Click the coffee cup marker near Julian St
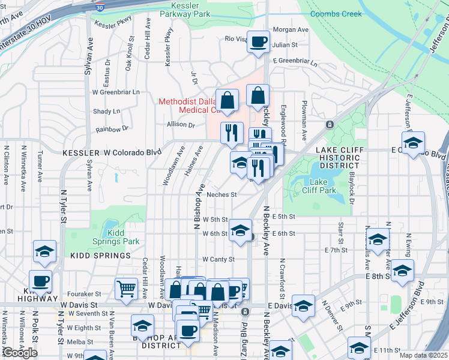click(x=259, y=42)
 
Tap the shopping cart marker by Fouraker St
click(x=127, y=289)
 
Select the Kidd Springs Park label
click(x=122, y=237)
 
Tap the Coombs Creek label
click(x=335, y=13)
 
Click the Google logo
click(x=20, y=353)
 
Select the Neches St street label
click(x=222, y=194)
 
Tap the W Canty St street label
click(x=217, y=259)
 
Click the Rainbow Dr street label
click(x=112, y=128)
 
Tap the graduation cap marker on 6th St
click(x=240, y=230)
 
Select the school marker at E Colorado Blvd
click(x=413, y=144)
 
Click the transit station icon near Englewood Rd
click(x=329, y=125)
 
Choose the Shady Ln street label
click(x=107, y=112)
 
